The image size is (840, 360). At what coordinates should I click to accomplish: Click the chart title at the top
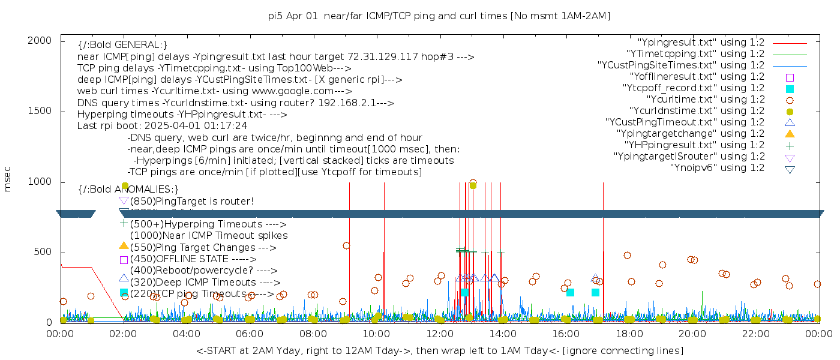439,16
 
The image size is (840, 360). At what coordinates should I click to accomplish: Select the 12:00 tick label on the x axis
440,334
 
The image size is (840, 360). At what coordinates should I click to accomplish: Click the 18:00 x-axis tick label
629,334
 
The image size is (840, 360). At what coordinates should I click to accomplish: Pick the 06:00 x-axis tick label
250,334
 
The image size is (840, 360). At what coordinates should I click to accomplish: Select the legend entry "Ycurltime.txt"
705,100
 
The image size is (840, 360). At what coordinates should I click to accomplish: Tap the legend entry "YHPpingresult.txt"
694,145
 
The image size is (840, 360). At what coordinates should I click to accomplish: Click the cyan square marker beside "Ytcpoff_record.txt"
790,89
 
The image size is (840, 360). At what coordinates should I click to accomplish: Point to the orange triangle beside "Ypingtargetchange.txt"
790,134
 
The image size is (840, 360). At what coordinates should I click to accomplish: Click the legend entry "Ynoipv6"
717,168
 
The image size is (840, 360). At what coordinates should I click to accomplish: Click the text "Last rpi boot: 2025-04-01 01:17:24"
162,126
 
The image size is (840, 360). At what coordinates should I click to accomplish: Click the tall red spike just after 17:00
603,252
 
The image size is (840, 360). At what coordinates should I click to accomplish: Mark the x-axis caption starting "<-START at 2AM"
439,350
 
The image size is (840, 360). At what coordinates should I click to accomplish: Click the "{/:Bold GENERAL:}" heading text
122,45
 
